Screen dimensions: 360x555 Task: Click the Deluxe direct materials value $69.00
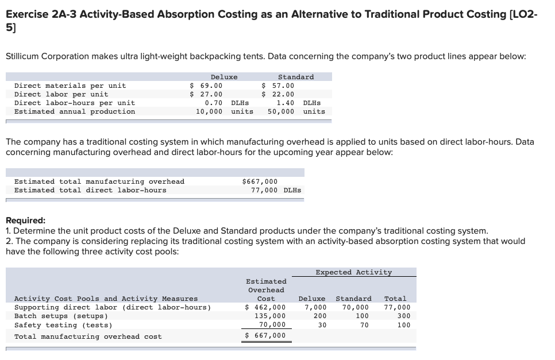[206, 86]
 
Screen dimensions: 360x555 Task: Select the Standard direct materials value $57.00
[278, 86]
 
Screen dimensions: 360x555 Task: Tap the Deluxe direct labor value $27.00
[206, 94]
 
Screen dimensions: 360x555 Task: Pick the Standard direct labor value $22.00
[278, 94]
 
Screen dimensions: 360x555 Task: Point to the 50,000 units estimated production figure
[296, 111]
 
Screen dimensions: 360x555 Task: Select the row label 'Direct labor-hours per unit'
[75, 103]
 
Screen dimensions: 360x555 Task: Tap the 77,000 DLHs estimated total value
[276, 190]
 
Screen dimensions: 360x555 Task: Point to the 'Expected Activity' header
[354, 272]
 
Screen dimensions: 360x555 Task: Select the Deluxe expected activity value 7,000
[315, 307]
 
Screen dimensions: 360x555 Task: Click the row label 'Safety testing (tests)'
[63, 325]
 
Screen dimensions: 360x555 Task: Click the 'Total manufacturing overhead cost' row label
[88, 336]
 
